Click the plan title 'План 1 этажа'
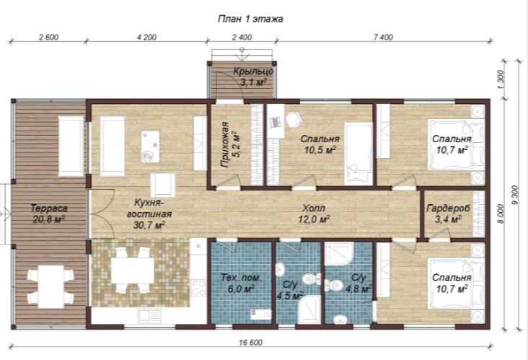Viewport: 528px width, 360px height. pos(250,19)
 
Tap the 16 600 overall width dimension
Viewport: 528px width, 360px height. pos(250,343)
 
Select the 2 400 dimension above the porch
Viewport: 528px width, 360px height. pos(242,37)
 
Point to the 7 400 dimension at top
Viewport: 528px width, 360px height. pos(383,37)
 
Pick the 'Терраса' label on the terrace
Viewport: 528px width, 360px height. pos(49,208)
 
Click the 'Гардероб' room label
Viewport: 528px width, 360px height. pos(448,208)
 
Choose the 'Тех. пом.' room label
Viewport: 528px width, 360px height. pos(241,278)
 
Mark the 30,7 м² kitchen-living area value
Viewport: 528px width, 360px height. pos(149,225)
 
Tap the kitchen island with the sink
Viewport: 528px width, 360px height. pos(150,146)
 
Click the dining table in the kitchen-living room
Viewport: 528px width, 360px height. pos(133,270)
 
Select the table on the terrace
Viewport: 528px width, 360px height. pos(50,286)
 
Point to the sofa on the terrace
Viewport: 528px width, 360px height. pos(71,146)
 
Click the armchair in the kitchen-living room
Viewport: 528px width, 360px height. pos(163,185)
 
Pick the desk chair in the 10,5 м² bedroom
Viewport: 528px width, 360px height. pos(294,120)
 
